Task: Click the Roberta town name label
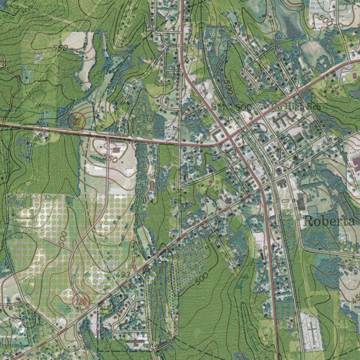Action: (x=329, y=221)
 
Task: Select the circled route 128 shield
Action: (x=81, y=301)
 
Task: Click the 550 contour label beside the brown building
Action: (x=111, y=159)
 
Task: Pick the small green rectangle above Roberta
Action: (x=312, y=210)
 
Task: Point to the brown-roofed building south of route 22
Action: (x=116, y=150)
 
